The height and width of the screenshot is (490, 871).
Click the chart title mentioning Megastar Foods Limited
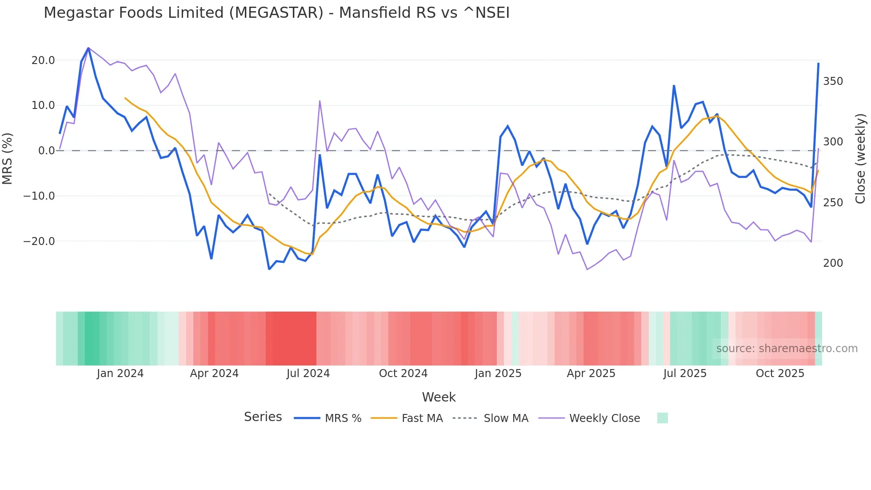coord(276,13)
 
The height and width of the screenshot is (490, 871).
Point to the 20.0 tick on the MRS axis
coord(43,60)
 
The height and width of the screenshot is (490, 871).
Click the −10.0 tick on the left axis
coord(39,196)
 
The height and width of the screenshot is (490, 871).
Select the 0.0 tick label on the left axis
coord(46,151)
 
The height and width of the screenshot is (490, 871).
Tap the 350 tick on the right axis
coord(833,81)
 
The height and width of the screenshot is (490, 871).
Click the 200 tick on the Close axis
coord(833,263)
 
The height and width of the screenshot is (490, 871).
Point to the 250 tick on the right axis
coord(833,203)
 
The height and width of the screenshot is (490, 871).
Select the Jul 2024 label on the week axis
coord(308,374)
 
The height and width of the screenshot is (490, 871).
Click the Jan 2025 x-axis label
coord(498,374)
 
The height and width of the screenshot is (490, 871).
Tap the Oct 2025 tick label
coord(780,374)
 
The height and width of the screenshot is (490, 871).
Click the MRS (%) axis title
coord(8,158)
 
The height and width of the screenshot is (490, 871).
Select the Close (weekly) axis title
coord(860,158)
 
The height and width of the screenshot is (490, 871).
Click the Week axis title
coord(439,397)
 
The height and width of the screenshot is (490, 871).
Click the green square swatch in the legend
coord(662,418)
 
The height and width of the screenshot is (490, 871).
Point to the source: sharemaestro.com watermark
coord(787,349)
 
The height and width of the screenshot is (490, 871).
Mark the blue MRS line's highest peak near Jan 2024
coord(88,48)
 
